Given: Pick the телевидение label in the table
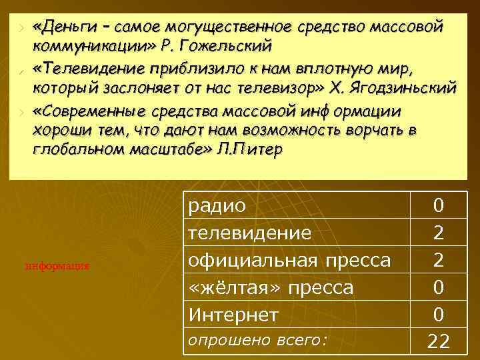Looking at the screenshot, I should click(250, 233).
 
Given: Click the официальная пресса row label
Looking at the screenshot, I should click(289, 259).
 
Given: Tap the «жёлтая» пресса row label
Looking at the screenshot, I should click(271, 287).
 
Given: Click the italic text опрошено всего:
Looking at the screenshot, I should click(258, 340).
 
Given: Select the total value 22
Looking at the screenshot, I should click(438, 341).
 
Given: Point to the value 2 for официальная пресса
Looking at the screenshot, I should click(438, 260).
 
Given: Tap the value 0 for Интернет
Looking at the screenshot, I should click(438, 313).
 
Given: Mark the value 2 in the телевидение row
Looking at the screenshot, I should click(438, 233).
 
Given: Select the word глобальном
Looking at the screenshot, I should click(71, 149).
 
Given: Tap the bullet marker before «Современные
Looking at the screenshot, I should click(22, 110).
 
